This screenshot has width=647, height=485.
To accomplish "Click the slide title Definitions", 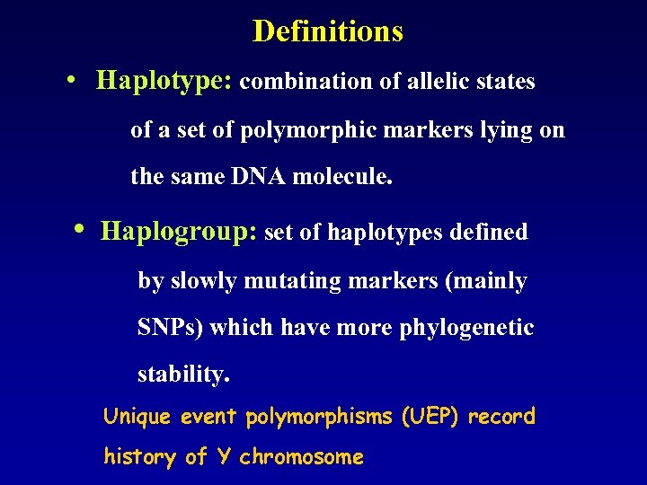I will (x=328, y=31).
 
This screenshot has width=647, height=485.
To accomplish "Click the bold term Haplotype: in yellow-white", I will (x=164, y=82).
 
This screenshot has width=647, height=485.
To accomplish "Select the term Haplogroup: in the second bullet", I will (x=180, y=232).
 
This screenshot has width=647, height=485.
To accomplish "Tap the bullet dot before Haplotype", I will (x=70, y=80).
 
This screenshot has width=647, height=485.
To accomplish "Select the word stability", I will (x=183, y=375).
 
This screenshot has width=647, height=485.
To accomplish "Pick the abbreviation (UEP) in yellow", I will (x=431, y=417).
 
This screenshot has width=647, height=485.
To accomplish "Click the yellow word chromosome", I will (x=301, y=457).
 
